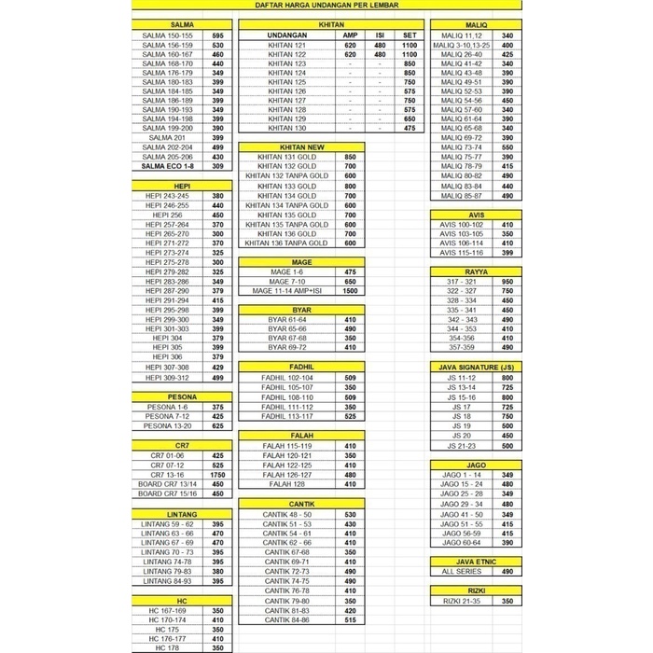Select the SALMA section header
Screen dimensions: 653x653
tap(181, 24)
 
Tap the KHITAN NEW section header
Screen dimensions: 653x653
tap(301, 147)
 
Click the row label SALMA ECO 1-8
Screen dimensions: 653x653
tap(168, 166)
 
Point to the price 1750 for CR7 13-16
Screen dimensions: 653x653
tap(217, 474)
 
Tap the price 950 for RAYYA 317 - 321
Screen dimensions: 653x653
tap(507, 281)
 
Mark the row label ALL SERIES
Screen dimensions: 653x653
tap(461, 571)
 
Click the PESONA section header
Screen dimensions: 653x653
tap(181, 396)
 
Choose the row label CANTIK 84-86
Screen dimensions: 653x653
tap(287, 619)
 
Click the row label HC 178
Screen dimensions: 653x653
tap(168, 647)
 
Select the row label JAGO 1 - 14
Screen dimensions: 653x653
tap(461, 475)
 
